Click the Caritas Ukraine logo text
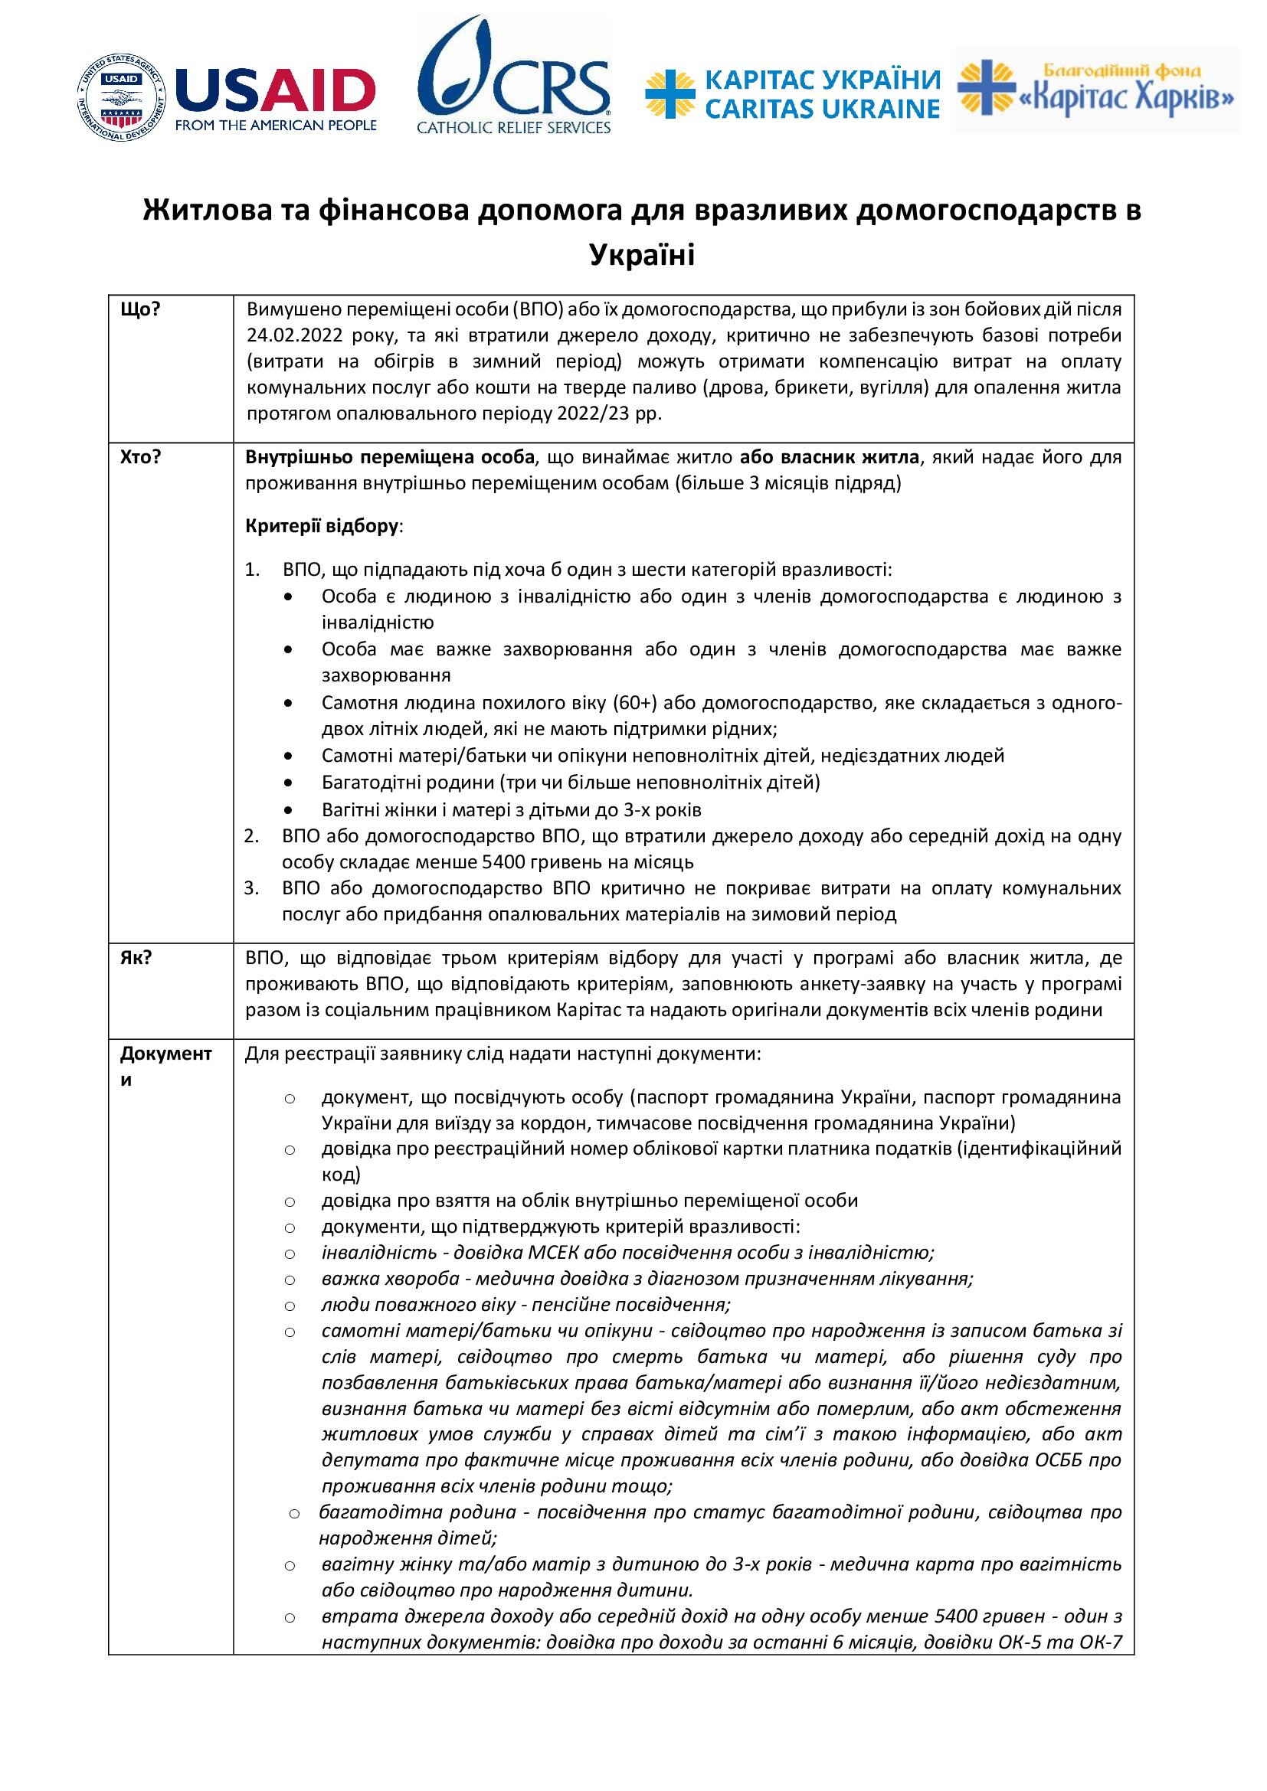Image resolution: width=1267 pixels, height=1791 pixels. (821, 94)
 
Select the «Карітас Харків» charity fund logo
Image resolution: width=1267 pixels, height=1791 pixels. (1096, 90)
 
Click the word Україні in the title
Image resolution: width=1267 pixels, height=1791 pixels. (641, 254)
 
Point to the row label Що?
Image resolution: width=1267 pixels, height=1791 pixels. (140, 309)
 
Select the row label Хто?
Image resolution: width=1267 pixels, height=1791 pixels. (140, 457)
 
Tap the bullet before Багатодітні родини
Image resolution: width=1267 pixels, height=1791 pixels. (290, 783)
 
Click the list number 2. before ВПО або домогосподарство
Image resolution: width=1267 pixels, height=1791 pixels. (251, 836)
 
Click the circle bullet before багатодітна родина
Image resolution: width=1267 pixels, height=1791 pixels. (294, 1514)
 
